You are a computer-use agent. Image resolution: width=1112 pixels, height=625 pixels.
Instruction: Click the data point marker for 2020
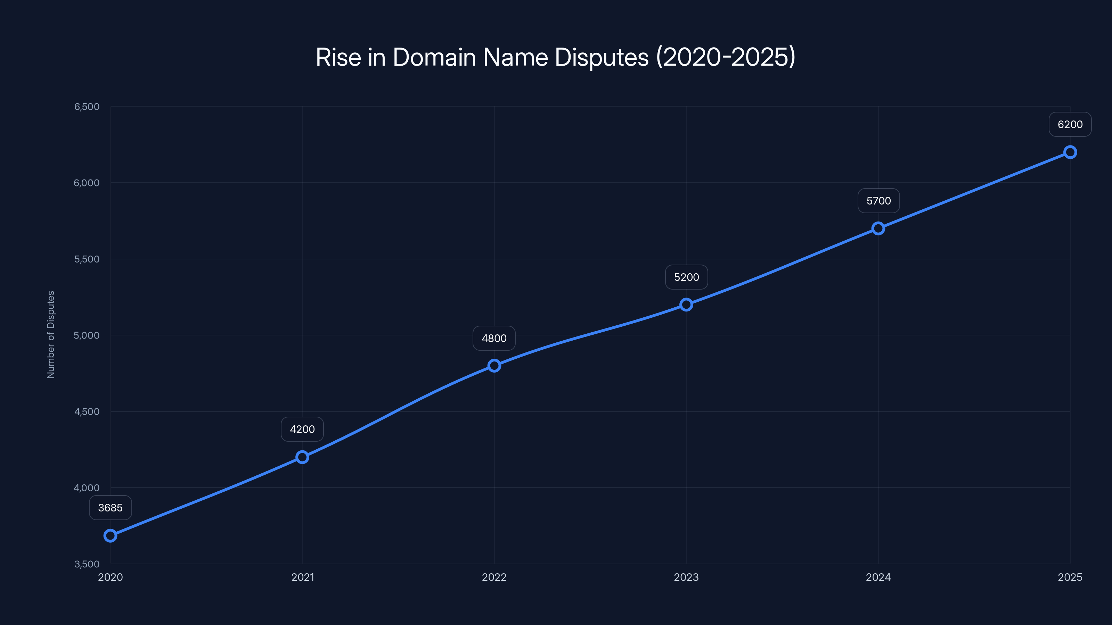tap(111, 536)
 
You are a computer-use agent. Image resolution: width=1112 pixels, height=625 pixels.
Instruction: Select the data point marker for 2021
tap(302, 457)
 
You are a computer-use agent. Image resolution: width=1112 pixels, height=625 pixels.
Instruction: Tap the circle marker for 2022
tap(494, 366)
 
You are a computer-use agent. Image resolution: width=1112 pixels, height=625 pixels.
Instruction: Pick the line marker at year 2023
tap(686, 305)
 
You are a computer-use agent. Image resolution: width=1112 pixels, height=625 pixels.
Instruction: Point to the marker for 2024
tap(878, 228)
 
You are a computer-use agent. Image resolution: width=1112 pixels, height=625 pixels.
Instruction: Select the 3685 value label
tap(111, 508)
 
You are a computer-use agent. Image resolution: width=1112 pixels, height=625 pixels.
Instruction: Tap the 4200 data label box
tap(302, 429)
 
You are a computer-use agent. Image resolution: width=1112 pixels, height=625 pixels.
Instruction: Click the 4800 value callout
tap(494, 338)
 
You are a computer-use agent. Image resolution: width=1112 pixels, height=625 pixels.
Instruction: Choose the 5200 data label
tap(686, 277)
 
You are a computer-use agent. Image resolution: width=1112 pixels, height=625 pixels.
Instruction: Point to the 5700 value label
tap(878, 201)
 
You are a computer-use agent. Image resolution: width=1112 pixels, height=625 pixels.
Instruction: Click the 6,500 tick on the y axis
tap(87, 107)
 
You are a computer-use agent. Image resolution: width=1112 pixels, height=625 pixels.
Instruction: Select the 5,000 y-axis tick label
tap(87, 335)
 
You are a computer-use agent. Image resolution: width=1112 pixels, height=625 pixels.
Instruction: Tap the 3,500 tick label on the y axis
tap(87, 564)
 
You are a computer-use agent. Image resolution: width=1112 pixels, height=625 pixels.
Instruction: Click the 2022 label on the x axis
tap(494, 577)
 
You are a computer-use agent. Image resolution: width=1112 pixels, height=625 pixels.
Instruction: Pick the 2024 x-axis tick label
tap(878, 577)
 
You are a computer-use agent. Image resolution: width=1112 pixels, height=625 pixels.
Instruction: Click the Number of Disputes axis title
tap(51, 335)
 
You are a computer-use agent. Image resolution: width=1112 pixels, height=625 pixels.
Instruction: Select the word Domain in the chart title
tap(434, 57)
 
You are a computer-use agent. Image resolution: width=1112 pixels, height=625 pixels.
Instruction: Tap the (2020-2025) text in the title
tap(726, 57)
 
